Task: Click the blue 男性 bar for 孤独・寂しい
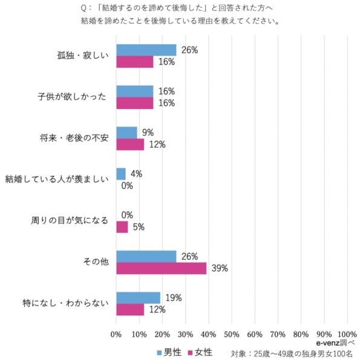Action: tap(146, 50)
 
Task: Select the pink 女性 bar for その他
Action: tap(161, 268)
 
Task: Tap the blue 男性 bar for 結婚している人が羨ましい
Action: tap(121, 174)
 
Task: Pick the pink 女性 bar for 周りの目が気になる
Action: tap(122, 227)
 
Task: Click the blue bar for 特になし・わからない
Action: tap(138, 298)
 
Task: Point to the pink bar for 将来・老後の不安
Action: tap(130, 145)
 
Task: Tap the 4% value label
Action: tap(136, 174)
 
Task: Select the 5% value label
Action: tap(138, 227)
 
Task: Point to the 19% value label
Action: tap(174, 298)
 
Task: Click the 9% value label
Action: tap(147, 133)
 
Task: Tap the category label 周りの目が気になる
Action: tap(70, 221)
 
